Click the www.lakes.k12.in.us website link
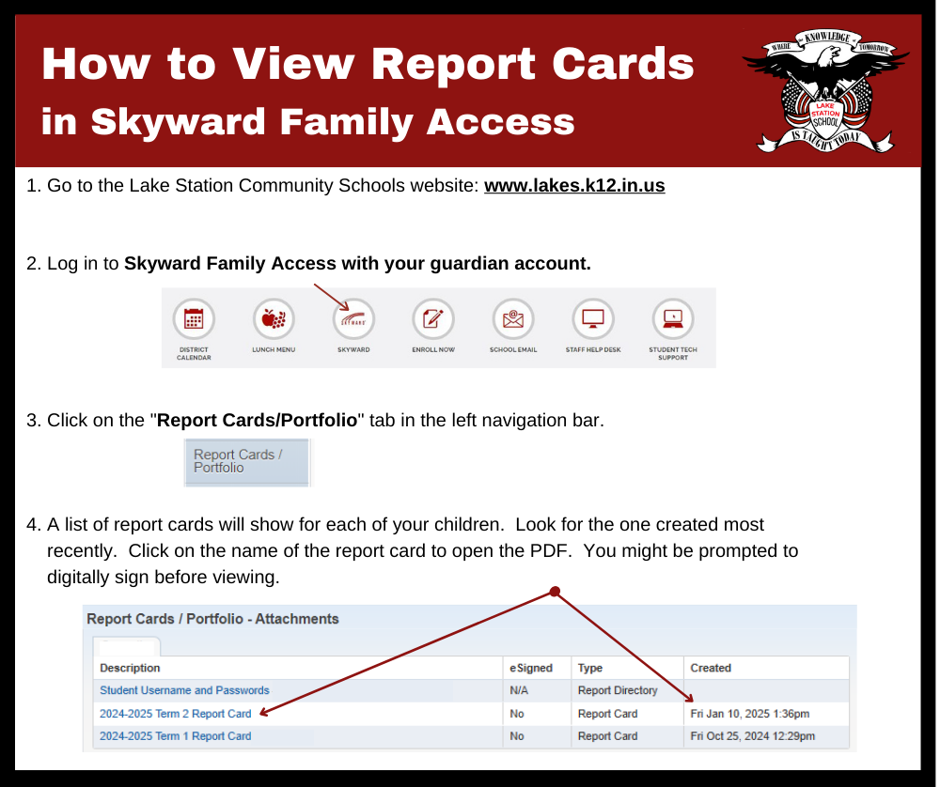point(574,186)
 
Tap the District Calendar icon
point(194,318)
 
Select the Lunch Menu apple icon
point(274,318)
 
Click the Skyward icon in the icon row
point(353,318)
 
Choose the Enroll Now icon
point(433,318)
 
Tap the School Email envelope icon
point(513,318)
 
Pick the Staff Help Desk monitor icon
point(593,318)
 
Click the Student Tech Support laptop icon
point(673,318)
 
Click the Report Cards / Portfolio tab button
point(247,462)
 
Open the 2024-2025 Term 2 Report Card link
point(175,714)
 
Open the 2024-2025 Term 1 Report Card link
point(175,736)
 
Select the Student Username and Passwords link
point(184,690)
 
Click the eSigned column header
point(531,668)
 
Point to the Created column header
point(711,668)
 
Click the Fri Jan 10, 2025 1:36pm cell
point(750,714)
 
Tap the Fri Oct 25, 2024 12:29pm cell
point(752,736)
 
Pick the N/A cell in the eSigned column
point(519,690)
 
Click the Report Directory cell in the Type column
point(618,690)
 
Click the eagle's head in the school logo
point(828,56)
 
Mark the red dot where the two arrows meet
point(555,592)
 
